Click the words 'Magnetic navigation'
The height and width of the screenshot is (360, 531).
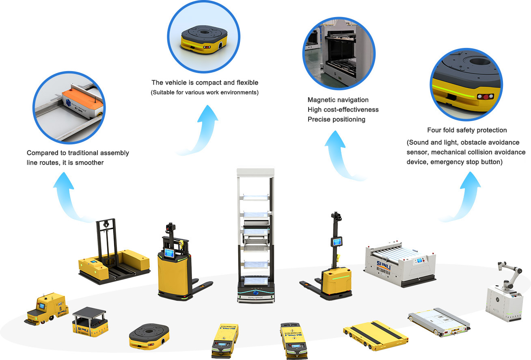tap(338, 100)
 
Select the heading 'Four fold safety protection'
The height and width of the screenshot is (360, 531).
tap(467, 130)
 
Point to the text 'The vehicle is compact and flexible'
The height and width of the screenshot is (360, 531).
tap(205, 82)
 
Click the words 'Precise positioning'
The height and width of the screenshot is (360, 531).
tap(336, 119)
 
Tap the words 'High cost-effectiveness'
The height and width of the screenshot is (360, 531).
tap(343, 110)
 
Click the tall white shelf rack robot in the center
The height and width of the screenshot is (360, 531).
tap(256, 236)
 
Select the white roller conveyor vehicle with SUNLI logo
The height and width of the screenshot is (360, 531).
tap(400, 264)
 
